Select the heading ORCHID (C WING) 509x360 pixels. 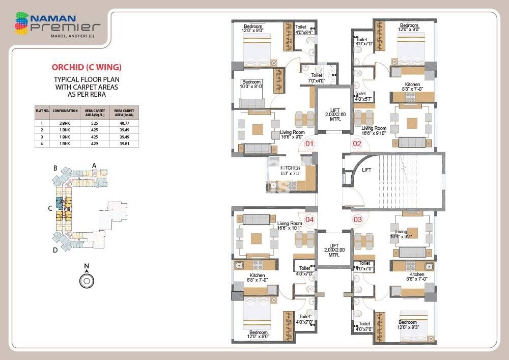pos(87,67)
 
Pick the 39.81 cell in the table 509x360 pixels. pos(124,144)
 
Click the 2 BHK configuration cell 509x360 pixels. pos(65,123)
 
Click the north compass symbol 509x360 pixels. pos(87,280)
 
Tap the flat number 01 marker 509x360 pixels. pos(309,144)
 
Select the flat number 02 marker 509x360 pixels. pos(357,144)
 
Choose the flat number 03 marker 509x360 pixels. pos(357,219)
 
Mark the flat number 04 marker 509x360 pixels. pos(309,220)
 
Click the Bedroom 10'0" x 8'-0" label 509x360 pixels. pos(251,84)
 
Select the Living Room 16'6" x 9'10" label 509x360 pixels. pos(374,131)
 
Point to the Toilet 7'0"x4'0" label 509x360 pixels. pos(317,78)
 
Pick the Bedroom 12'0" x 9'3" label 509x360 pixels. pos(408,325)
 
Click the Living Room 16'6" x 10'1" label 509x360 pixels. pos(290,226)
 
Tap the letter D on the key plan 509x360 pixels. pos(55,250)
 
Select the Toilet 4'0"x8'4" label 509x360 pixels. pos(304,30)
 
